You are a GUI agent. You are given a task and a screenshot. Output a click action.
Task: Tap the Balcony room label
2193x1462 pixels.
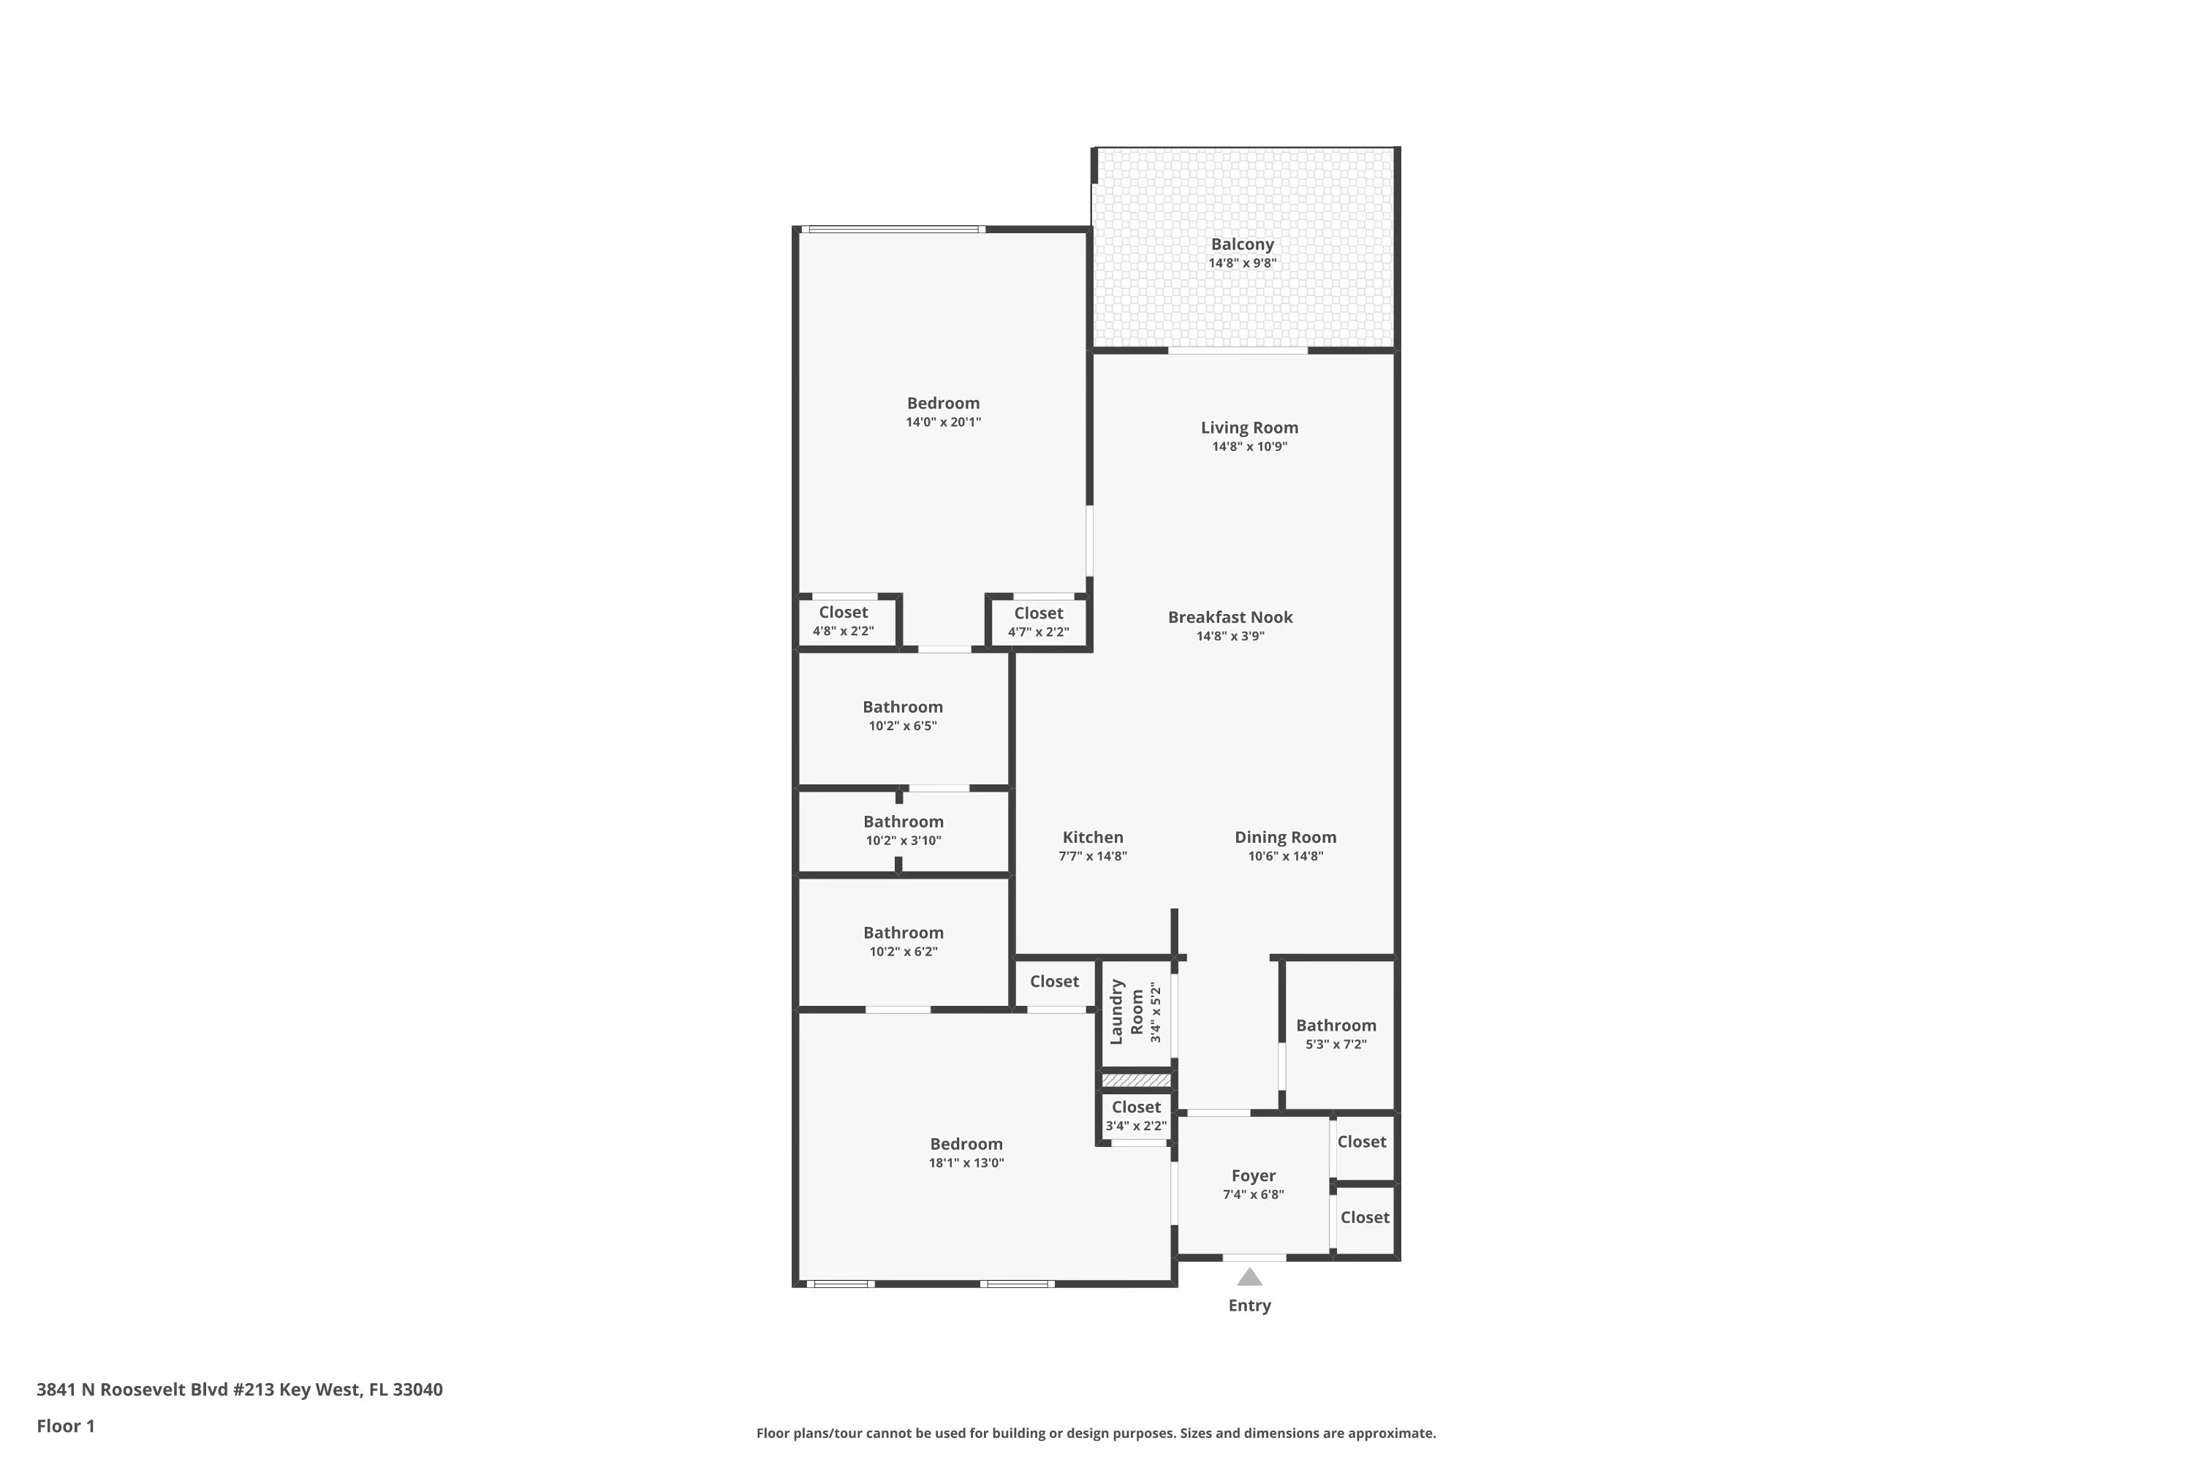click(x=1242, y=244)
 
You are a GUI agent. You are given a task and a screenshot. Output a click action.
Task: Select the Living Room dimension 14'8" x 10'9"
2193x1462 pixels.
click(x=1249, y=447)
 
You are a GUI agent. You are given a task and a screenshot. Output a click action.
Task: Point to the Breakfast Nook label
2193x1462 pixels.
click(x=1230, y=617)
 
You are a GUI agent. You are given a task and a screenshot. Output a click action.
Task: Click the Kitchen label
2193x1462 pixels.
click(x=1093, y=837)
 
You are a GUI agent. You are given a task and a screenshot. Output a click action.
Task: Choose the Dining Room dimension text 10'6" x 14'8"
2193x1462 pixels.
click(x=1285, y=856)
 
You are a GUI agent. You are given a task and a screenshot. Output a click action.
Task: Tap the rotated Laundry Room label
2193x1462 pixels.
click(x=1126, y=1012)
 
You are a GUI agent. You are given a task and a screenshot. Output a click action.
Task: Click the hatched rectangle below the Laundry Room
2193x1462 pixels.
click(x=1136, y=1080)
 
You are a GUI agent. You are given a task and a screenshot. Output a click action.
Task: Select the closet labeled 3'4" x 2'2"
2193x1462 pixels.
click(x=1136, y=1116)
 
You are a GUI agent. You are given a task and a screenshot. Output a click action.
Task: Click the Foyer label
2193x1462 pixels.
click(x=1253, y=1175)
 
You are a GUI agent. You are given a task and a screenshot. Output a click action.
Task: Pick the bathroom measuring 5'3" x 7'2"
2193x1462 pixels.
click(x=1336, y=1034)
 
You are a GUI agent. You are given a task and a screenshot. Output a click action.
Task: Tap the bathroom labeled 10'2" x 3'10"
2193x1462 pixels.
click(x=903, y=830)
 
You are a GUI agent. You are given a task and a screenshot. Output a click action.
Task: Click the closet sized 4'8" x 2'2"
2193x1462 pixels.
click(x=843, y=620)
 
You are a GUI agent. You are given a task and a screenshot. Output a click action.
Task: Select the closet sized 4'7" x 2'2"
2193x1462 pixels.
click(x=1038, y=621)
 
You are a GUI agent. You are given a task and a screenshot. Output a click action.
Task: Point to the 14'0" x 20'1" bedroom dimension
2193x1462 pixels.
click(x=943, y=423)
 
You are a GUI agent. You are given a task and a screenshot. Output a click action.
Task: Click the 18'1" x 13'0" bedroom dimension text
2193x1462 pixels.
click(x=966, y=1163)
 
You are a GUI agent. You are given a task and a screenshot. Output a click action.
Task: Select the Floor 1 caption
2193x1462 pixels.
click(x=65, y=1425)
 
